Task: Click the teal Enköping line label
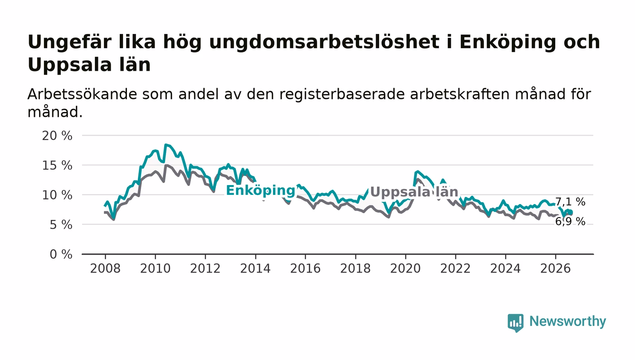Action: click(260, 191)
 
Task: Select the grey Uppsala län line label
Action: click(414, 192)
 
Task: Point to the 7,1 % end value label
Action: click(570, 202)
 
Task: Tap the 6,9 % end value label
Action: click(570, 222)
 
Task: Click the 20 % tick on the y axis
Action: click(57, 136)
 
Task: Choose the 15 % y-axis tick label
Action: click(57, 165)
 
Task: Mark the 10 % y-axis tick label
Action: click(57, 195)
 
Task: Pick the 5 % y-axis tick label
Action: click(61, 225)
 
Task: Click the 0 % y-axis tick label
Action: click(61, 254)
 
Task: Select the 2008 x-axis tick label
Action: click(105, 268)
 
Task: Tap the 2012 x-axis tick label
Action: click(205, 268)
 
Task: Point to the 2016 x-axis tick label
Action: click(305, 268)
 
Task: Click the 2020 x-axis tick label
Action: click(405, 268)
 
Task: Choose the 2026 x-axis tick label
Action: click(555, 268)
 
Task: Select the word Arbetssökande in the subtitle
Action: click(82, 94)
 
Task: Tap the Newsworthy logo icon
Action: click(515, 322)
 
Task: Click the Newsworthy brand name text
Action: click(567, 321)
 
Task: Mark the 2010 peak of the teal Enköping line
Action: click(166, 145)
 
